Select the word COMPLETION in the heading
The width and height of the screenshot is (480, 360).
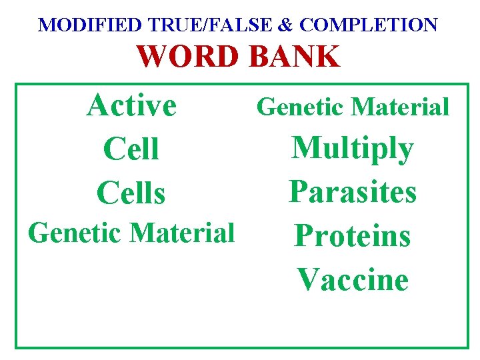click(x=369, y=25)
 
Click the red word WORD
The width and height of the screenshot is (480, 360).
click(x=189, y=57)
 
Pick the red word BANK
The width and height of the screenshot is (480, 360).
click(x=294, y=57)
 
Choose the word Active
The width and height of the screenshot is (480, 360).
click(x=131, y=105)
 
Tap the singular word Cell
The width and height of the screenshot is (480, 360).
click(x=131, y=149)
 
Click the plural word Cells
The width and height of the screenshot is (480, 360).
click(x=131, y=193)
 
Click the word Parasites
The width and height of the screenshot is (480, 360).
click(x=353, y=192)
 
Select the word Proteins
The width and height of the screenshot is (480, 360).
click(x=353, y=235)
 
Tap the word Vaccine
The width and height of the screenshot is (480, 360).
click(x=353, y=279)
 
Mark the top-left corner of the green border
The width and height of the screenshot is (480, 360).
click(x=17, y=85)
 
